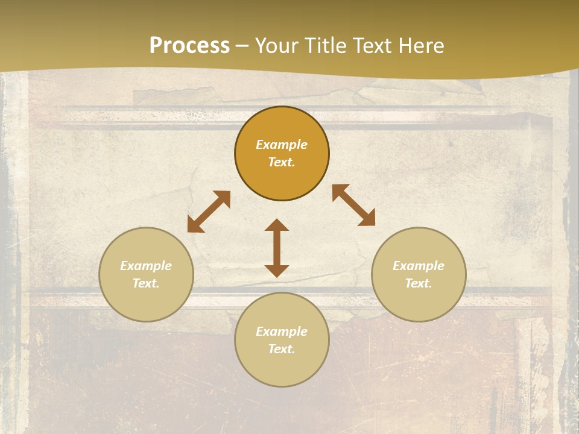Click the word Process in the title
[189, 46]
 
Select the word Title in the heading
[324, 46]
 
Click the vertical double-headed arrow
[277, 248]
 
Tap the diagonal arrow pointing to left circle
[209, 212]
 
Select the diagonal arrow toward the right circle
[353, 205]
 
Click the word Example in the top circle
[282, 145]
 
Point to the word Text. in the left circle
[146, 283]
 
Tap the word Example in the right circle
[419, 266]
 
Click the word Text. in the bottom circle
[282, 349]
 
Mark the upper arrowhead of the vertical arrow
[277, 225]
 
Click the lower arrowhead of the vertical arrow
[277, 271]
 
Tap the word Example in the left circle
[146, 266]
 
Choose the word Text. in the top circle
[282, 162]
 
